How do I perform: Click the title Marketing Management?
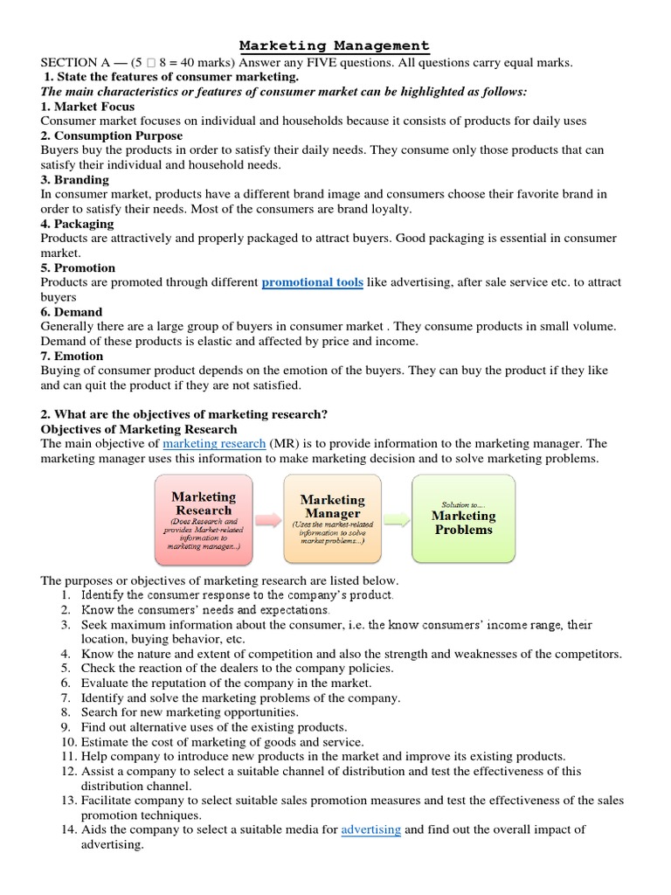coord(335,45)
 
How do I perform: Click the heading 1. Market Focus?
coord(88,107)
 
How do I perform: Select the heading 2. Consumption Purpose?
coord(112,135)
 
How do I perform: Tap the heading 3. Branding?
coord(75,179)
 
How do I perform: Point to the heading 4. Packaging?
coord(78,224)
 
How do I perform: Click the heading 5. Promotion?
coord(79,267)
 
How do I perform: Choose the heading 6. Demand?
coord(72,312)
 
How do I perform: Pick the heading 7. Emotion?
coord(73,356)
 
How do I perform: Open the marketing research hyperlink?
coord(214,444)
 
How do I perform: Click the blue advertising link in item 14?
coord(371,829)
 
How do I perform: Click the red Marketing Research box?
coord(203,519)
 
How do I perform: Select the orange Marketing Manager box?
coord(332,519)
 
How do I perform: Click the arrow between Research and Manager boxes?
coord(267,519)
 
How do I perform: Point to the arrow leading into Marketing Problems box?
coord(396,519)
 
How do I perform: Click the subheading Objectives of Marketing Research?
coord(139,429)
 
